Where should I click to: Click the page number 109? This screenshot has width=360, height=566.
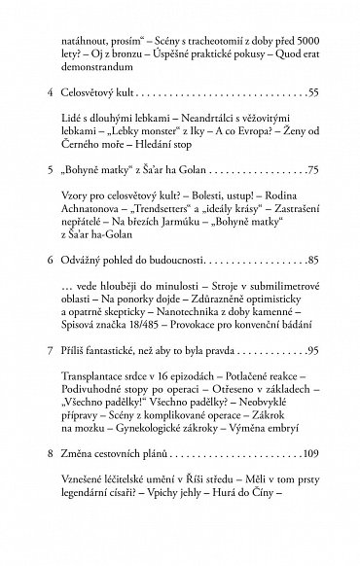coord(308,508)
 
